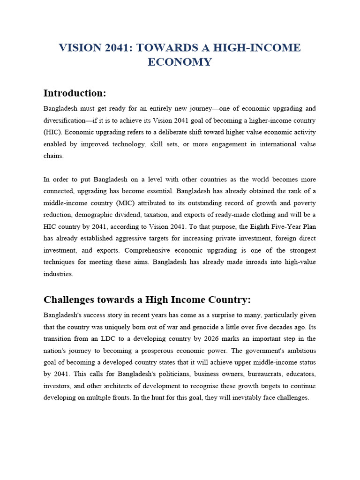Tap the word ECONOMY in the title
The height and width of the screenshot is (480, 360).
180,62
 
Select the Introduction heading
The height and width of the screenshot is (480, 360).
75,93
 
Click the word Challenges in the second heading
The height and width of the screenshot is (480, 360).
72,299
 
